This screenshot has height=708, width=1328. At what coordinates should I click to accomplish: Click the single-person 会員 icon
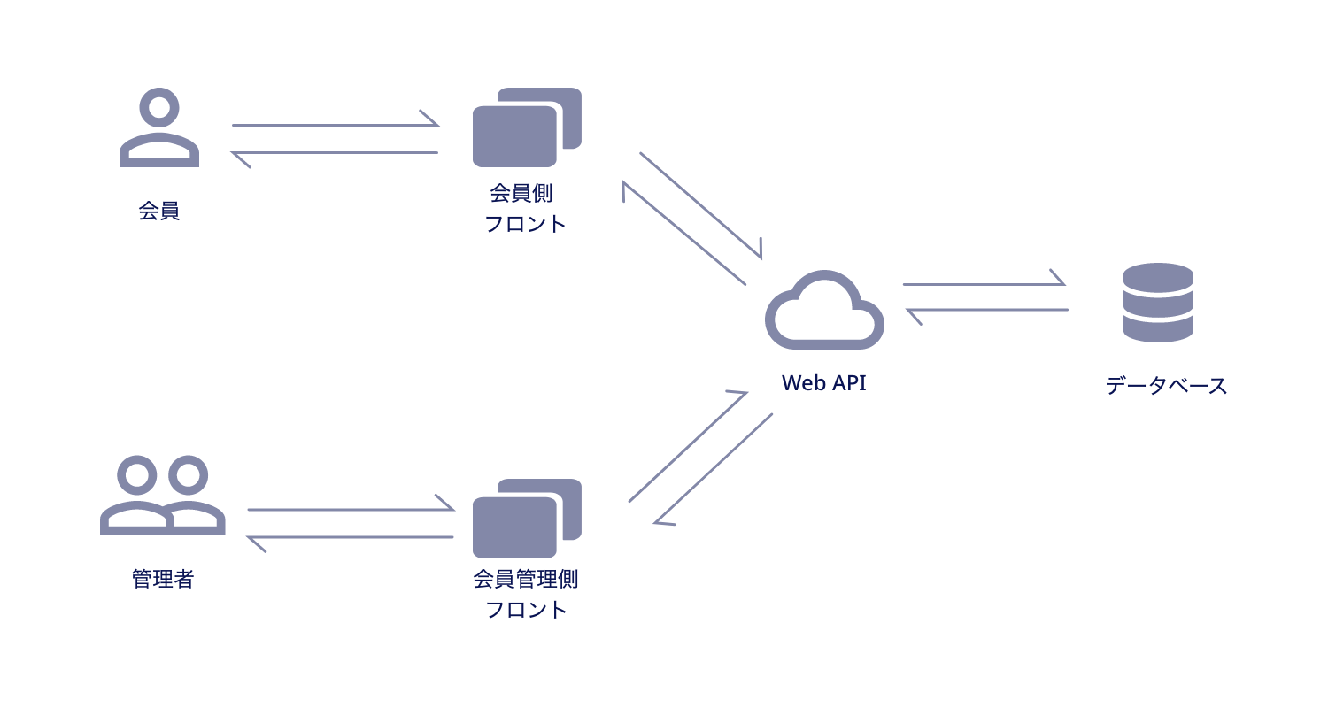(159, 128)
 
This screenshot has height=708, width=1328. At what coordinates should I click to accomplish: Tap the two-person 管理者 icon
(163, 496)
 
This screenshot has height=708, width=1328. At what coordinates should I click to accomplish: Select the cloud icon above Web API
(824, 310)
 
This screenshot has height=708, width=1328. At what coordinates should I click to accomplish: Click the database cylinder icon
(1158, 302)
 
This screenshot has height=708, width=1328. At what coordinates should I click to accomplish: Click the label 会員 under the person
(159, 212)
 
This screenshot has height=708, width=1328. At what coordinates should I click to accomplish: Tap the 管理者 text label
(163, 580)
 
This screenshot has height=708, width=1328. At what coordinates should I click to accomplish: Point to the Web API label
(823, 383)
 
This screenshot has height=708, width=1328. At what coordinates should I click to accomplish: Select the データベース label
(1166, 386)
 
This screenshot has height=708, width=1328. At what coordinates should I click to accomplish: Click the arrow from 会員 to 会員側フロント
(336, 125)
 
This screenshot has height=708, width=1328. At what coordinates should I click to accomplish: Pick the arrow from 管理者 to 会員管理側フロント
(351, 509)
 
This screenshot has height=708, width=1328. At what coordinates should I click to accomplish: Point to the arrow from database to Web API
(986, 311)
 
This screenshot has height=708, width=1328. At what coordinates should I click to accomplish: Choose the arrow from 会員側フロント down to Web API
(701, 205)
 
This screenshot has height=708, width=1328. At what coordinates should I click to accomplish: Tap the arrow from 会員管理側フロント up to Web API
(689, 447)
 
